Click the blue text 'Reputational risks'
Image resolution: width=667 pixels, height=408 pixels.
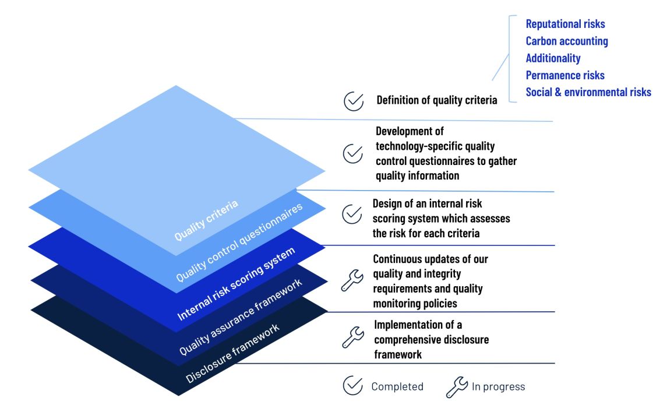565,24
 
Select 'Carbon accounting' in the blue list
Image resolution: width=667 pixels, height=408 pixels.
567,41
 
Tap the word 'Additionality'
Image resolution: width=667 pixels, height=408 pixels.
553,58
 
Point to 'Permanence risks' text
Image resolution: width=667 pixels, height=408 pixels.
565,75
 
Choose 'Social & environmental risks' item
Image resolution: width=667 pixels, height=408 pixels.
588,92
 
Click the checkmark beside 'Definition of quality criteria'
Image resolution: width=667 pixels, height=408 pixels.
353,101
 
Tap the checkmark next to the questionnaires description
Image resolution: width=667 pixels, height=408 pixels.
352,153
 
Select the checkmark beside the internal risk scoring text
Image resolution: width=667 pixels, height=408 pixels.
351,214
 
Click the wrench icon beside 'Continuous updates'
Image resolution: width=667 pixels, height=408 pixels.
351,281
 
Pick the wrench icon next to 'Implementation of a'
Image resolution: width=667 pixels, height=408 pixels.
352,337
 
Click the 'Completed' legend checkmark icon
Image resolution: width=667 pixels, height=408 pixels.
352,386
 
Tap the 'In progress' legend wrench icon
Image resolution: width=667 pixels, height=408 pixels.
457,386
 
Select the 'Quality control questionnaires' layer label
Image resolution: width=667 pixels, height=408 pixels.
239,242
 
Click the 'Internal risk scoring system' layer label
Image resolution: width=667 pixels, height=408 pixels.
236,283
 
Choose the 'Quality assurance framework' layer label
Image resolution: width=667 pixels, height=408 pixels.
241,316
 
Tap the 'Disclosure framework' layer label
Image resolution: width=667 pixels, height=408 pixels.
232,353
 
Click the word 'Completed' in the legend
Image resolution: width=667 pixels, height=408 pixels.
397,386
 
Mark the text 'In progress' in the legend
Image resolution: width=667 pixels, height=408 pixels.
498,386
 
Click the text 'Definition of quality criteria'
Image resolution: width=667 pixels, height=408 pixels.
437,100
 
